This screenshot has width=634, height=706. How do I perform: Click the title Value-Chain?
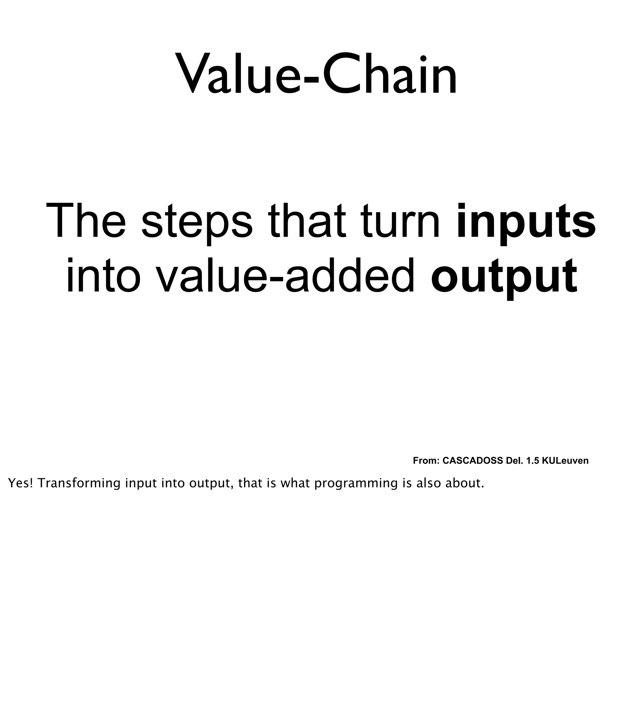click(x=317, y=74)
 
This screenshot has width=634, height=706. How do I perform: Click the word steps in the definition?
click(x=197, y=222)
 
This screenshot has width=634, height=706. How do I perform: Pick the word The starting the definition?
click(x=86, y=222)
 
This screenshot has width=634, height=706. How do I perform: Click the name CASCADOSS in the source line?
click(x=473, y=461)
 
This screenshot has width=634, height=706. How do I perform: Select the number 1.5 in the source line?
click(x=533, y=461)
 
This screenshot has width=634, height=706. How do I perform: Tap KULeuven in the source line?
click(x=565, y=461)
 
